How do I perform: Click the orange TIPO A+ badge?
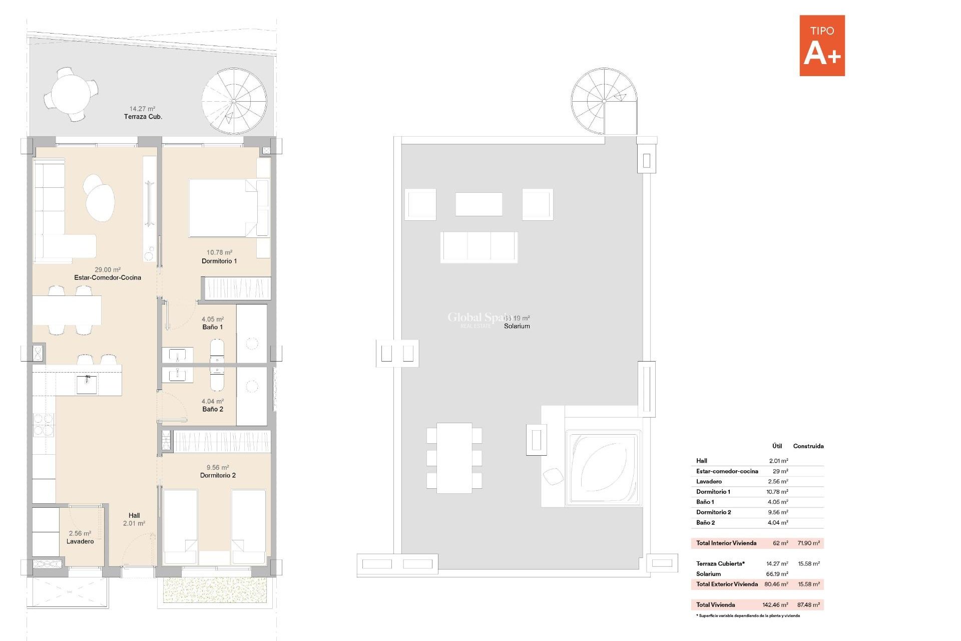[x=821, y=46]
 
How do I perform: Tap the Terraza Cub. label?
[x=143, y=117]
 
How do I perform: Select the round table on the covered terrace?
[x=71, y=94]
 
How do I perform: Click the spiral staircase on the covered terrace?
[x=234, y=101]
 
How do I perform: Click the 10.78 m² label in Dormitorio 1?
[x=219, y=252]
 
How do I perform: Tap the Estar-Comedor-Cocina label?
[x=108, y=277]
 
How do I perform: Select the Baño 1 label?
[x=212, y=327]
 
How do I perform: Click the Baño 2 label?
[x=212, y=409]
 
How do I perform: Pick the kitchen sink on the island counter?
[x=87, y=385]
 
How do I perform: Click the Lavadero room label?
[x=80, y=541]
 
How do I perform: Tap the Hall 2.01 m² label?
[x=134, y=519]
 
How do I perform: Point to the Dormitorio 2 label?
[x=218, y=475]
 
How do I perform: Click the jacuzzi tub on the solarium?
[x=603, y=468]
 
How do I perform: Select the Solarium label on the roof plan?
[x=517, y=326]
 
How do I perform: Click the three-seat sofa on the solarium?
[x=479, y=247]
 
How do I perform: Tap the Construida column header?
[x=808, y=446]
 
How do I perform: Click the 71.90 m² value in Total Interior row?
[x=808, y=543]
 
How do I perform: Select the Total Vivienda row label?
[x=715, y=604]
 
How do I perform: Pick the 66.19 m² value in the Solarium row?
[x=777, y=574]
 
